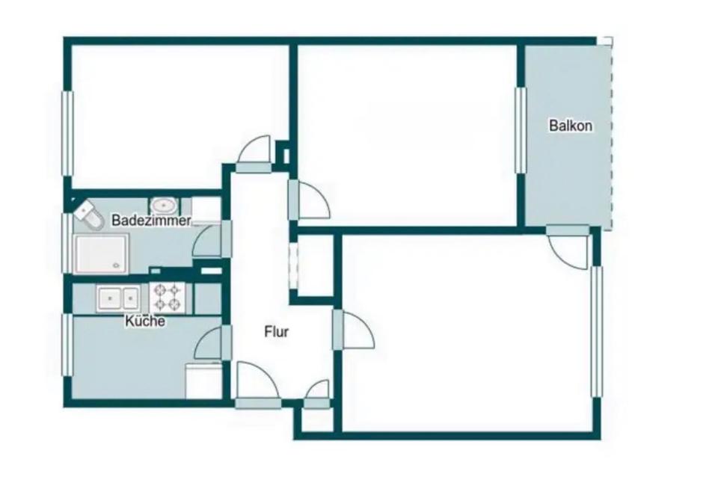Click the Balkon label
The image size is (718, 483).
coord(571,126)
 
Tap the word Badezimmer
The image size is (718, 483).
coord(151,221)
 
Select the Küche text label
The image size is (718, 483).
coord(145,322)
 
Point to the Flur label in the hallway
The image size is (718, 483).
coord(277,332)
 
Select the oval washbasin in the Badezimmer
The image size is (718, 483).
coord(163,205)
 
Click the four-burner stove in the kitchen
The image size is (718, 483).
coord(168,298)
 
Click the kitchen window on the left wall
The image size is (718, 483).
coord(67,344)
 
